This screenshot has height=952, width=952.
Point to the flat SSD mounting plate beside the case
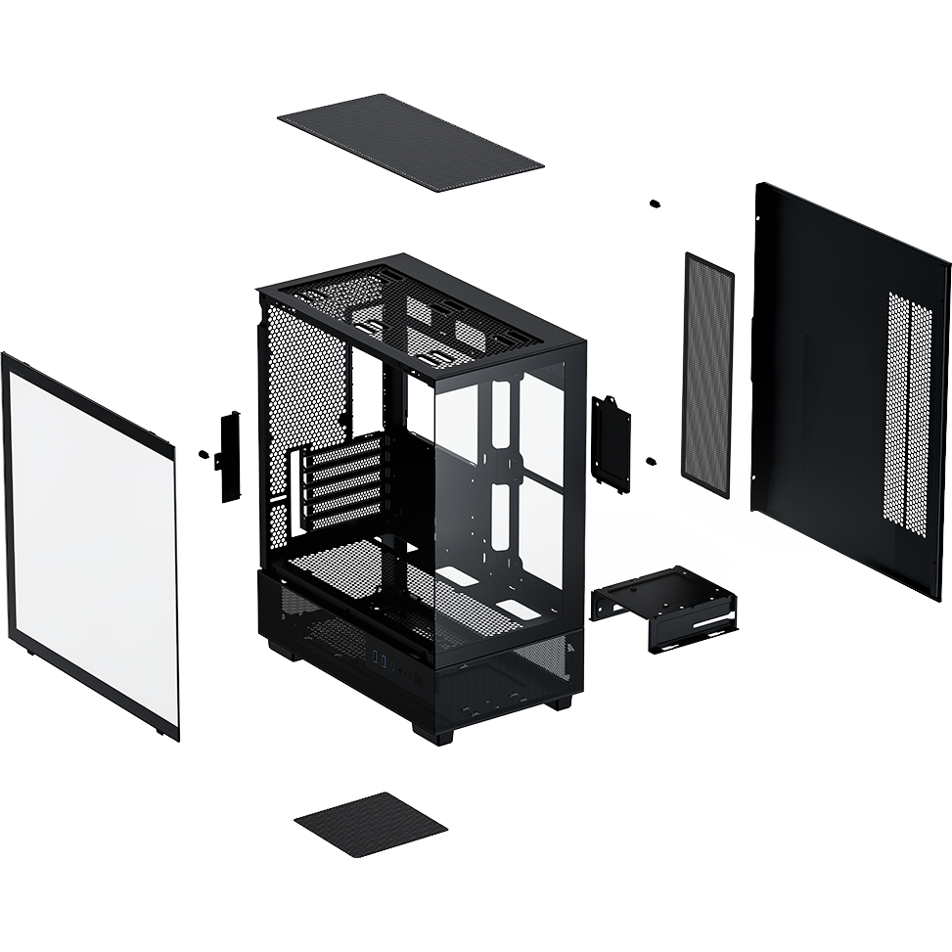click(611, 440)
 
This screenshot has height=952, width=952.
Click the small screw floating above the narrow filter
click(655, 204)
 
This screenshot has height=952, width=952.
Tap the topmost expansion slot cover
click(342, 456)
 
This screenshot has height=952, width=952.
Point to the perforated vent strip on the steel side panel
click(920, 411)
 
